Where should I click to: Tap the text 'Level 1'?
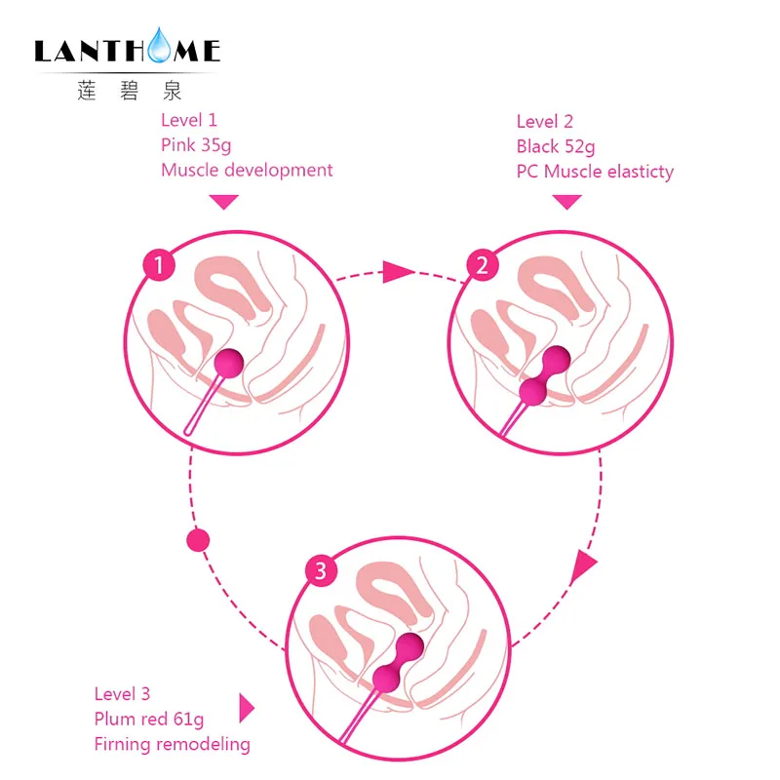(x=189, y=120)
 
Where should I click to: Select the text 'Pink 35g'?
(x=196, y=145)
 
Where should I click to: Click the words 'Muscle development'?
(x=247, y=170)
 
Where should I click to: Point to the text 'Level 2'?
(x=545, y=121)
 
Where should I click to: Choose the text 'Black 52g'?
(x=556, y=147)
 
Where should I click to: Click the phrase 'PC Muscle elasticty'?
(x=595, y=172)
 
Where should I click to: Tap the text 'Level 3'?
(x=123, y=694)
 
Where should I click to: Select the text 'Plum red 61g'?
(x=149, y=720)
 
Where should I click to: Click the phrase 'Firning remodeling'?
(x=173, y=745)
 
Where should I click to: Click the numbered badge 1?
(x=159, y=265)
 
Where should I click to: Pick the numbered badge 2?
(x=483, y=265)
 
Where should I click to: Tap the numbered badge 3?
(x=321, y=570)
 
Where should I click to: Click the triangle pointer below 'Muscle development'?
(x=224, y=201)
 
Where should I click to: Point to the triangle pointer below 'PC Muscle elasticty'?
(x=567, y=201)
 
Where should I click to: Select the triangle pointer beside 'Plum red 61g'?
(x=246, y=708)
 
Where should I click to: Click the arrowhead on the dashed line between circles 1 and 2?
(x=398, y=272)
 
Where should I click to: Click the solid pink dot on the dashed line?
(x=198, y=540)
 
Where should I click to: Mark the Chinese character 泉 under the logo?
(x=173, y=91)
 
